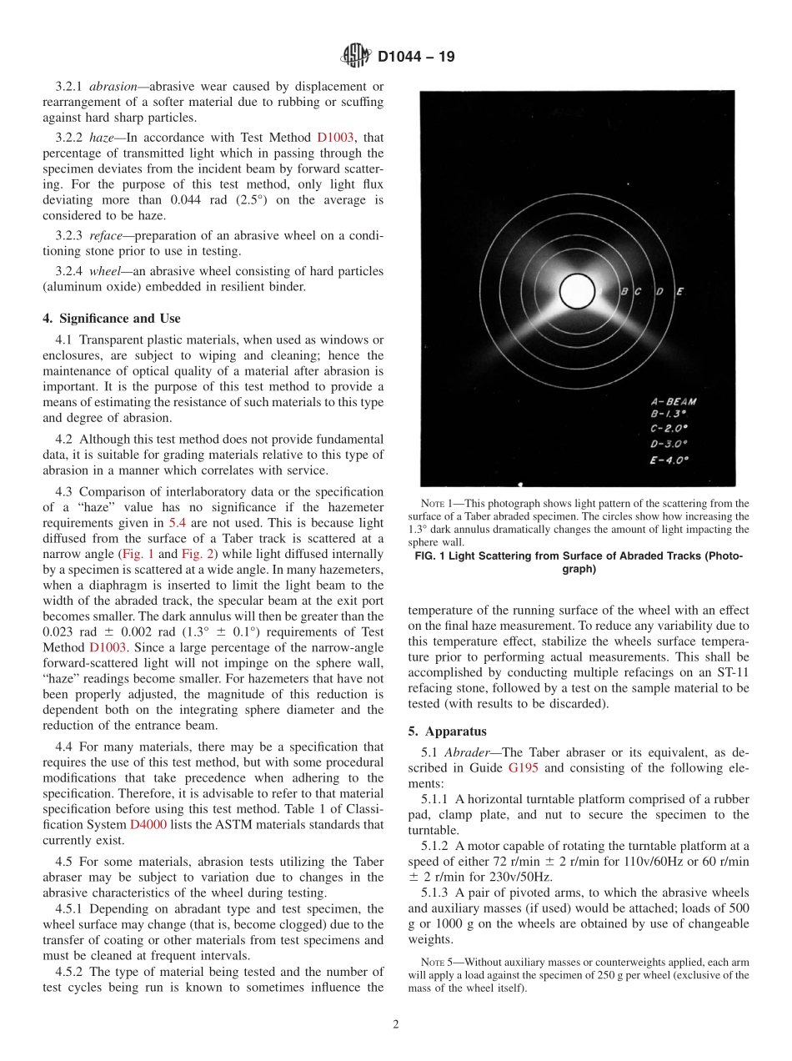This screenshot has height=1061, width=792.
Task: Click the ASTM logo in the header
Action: (355, 58)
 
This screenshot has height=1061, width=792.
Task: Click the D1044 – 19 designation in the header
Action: (416, 58)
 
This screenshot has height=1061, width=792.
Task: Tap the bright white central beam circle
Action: (577, 291)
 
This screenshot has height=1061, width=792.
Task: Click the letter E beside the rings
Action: (679, 292)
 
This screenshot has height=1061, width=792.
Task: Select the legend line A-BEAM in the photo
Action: (673, 401)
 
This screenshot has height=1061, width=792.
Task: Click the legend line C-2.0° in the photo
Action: (669, 429)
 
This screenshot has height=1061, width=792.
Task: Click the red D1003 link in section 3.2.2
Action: (335, 138)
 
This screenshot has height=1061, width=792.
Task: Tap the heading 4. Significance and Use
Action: (112, 318)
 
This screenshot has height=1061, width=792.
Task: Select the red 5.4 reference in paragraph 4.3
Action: (177, 523)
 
